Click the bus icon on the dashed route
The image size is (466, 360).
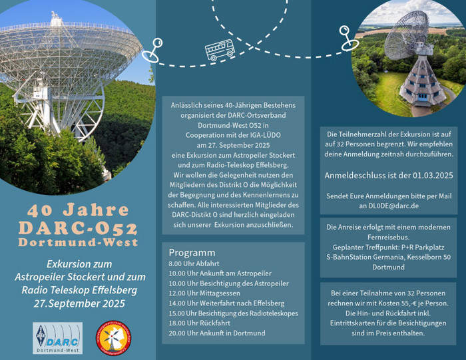(220, 50)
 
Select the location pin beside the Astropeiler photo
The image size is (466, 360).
(348, 39)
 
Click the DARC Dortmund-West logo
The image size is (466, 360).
(58, 338)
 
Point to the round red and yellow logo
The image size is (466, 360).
(114, 338)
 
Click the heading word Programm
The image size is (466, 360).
(192, 252)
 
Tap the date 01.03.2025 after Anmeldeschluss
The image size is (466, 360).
(433, 175)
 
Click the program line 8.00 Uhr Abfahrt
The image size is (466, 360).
(194, 264)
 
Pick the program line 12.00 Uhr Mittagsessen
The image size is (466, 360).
(204, 293)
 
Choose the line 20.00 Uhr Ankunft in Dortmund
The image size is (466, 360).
(217, 333)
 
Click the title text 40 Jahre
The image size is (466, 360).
(78, 210)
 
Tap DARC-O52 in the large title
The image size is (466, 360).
(78, 228)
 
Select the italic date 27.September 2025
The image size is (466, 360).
(79, 303)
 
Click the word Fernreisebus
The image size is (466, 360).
(388, 238)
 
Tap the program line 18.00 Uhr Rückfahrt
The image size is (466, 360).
(200, 323)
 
